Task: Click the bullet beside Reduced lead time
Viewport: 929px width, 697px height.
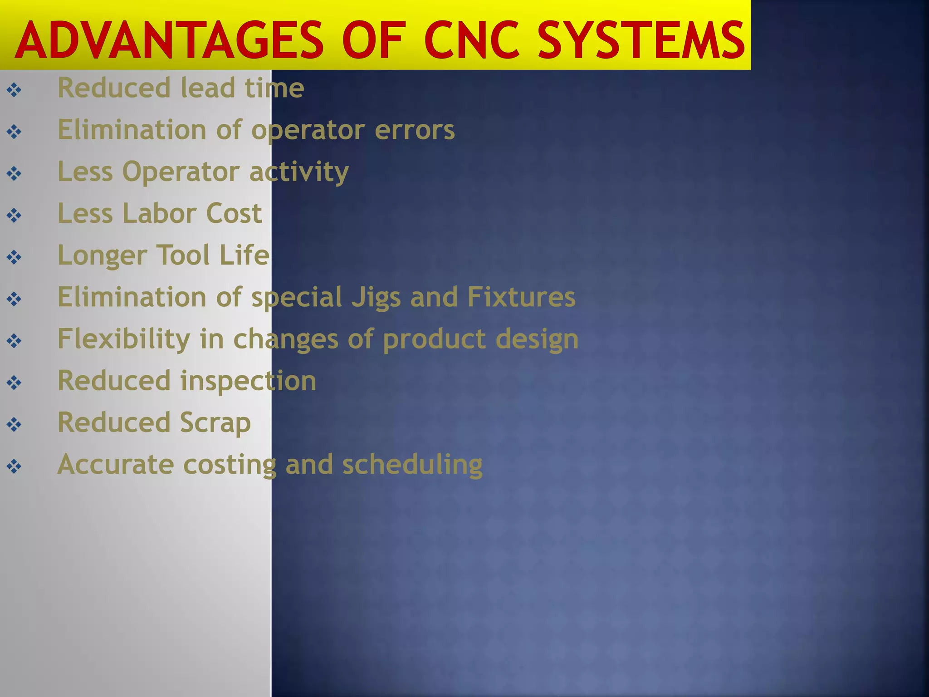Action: click(14, 90)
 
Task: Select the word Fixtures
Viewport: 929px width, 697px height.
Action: click(521, 297)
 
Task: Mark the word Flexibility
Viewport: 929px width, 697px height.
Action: click(124, 339)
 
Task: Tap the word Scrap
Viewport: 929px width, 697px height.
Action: click(215, 423)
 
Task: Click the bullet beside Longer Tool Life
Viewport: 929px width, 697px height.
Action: click(14, 257)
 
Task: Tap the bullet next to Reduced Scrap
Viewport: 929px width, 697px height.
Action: click(14, 425)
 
